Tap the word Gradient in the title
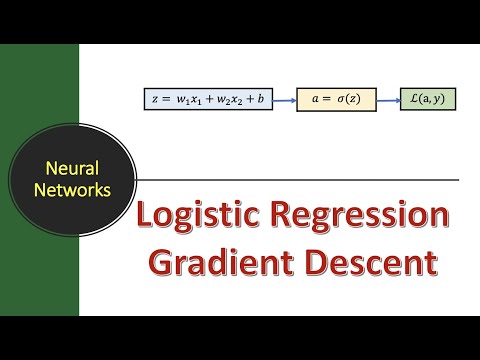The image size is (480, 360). (212, 263)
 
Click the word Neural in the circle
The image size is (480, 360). (72, 170)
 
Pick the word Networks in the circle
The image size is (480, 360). (72, 190)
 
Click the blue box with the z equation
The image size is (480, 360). (207, 100)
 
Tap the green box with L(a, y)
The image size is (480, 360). (427, 100)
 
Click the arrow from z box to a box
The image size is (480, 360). (284, 100)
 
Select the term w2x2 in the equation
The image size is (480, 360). (226, 101)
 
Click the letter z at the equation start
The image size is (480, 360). (153, 100)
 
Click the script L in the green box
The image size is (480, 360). (412, 100)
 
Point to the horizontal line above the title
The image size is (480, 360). (300, 180)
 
